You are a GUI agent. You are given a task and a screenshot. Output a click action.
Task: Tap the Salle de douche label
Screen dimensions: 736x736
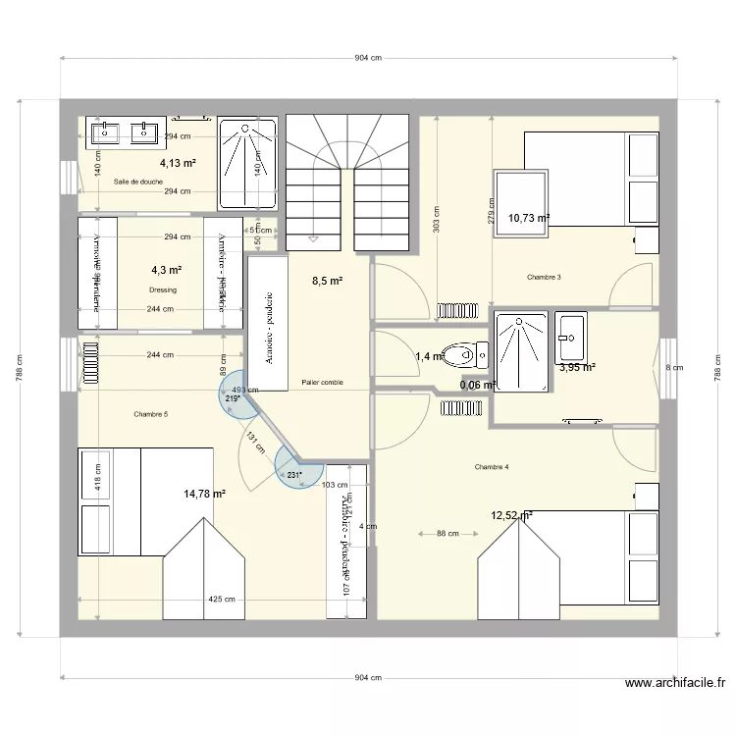pyautogui.click(x=138, y=182)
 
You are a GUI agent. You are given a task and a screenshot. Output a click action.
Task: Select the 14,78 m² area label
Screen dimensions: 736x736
pyautogui.click(x=204, y=494)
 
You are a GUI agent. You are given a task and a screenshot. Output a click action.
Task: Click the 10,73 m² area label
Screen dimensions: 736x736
pyautogui.click(x=528, y=218)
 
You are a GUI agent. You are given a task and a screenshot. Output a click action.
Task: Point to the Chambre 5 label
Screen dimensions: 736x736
pyautogui.click(x=151, y=415)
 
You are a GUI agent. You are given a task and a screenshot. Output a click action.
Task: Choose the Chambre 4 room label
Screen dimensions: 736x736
pyautogui.click(x=491, y=466)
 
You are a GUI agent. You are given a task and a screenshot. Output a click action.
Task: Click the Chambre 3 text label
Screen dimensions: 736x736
pyautogui.click(x=544, y=277)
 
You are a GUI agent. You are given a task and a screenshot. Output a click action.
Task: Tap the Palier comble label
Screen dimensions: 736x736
pyautogui.click(x=323, y=383)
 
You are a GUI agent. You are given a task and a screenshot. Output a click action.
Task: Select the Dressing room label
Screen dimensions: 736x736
pyautogui.click(x=163, y=290)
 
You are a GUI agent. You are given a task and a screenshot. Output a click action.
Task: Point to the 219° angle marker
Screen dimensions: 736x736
pyautogui.click(x=233, y=398)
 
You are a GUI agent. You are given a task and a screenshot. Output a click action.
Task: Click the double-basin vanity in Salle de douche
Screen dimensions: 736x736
pyautogui.click(x=124, y=131)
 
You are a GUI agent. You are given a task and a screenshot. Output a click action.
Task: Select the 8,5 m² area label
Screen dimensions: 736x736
pyautogui.click(x=327, y=281)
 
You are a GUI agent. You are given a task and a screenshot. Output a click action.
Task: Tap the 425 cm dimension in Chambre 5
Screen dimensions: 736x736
pyautogui.click(x=221, y=600)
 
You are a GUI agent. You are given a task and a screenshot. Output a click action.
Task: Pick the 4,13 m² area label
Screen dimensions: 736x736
pyautogui.click(x=179, y=164)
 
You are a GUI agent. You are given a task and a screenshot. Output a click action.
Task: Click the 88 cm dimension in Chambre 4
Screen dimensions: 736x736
pyautogui.click(x=447, y=534)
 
